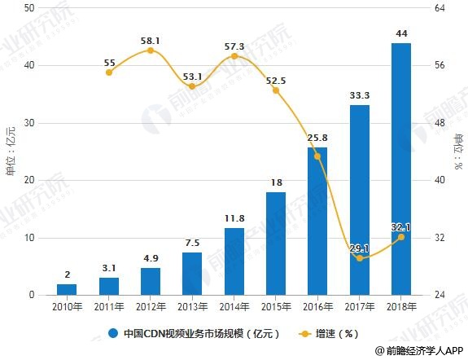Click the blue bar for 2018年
click(x=401, y=169)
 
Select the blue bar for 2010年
click(x=67, y=289)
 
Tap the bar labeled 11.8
click(x=234, y=261)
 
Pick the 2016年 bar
click(x=317, y=221)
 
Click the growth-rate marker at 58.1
click(x=151, y=50)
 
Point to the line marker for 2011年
click(x=109, y=72)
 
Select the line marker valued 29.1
click(x=360, y=258)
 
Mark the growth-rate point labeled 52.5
click(x=276, y=90)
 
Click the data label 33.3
click(x=360, y=95)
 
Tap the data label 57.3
click(x=234, y=46)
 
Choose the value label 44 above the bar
click(x=401, y=33)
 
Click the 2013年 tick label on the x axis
click(x=193, y=307)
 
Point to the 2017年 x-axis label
click(x=360, y=307)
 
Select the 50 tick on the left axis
click(x=29, y=8)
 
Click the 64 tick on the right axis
click(x=440, y=8)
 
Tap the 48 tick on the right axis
click(x=440, y=123)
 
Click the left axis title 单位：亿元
click(x=11, y=151)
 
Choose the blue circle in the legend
click(x=114, y=333)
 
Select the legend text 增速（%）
click(x=337, y=333)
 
